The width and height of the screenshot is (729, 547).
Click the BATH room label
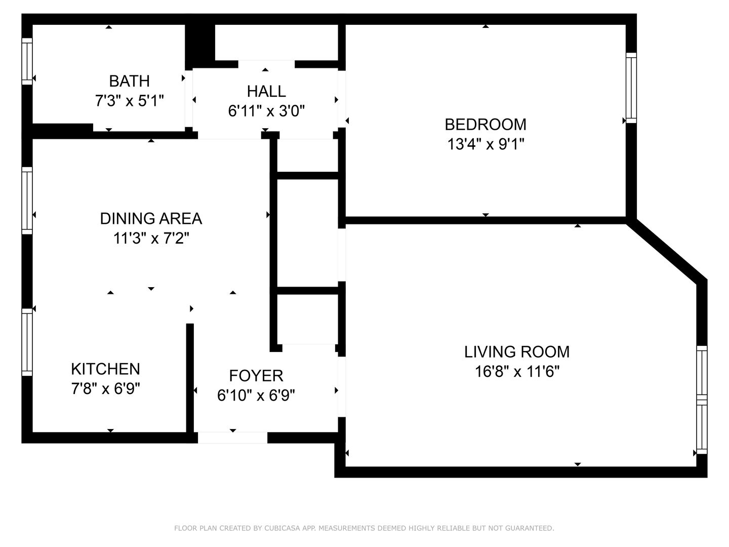click(129, 81)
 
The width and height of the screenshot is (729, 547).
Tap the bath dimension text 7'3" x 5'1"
click(130, 101)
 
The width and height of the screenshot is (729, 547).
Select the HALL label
click(266, 91)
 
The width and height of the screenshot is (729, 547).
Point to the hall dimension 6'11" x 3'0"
click(266, 111)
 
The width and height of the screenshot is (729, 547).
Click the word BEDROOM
click(485, 125)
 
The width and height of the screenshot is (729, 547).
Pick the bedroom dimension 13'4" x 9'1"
click(485, 144)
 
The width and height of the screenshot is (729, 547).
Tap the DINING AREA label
click(151, 218)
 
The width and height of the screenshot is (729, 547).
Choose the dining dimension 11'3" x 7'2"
click(151, 238)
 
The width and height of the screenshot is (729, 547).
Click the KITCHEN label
click(106, 369)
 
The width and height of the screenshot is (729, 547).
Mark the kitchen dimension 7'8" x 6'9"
click(106, 388)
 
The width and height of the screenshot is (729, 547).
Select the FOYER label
click(256, 376)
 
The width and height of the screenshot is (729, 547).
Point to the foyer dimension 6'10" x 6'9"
click(256, 395)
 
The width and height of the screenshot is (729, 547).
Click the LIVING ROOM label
click(517, 351)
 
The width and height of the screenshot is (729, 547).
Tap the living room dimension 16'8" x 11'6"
click(517, 371)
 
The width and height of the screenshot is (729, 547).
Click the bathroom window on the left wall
click(27, 61)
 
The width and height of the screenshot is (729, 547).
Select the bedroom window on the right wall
click(631, 88)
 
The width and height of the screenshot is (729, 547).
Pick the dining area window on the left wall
click(27, 200)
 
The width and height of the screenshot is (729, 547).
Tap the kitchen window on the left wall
click(27, 342)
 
